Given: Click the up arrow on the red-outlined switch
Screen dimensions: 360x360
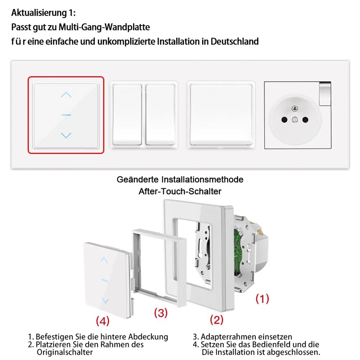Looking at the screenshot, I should pyautogui.click(x=66, y=95).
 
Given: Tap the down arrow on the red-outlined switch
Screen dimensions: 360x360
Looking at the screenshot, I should pyautogui.click(x=66, y=135).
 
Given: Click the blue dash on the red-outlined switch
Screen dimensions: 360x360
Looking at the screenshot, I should pyautogui.click(x=66, y=115).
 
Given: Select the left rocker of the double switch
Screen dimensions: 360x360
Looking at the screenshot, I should pyautogui.click(x=127, y=114).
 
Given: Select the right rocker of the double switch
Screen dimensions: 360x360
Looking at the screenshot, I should pyautogui.click(x=160, y=114).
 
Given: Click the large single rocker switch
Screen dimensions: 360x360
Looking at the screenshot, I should pyautogui.click(x=220, y=114).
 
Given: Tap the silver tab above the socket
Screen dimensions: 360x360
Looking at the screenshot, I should pyautogui.click(x=326, y=93).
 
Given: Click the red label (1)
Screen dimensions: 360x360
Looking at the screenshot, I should pyautogui.click(x=262, y=299).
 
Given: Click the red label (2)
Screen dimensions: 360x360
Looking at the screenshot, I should pyautogui.click(x=217, y=320).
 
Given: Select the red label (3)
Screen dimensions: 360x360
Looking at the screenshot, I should pyautogui.click(x=160, y=313).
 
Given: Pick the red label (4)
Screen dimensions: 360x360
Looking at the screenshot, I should pyautogui.click(x=102, y=321).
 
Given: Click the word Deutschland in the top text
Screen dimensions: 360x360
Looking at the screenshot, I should pyautogui.click(x=234, y=41).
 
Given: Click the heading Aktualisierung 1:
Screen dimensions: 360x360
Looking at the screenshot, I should pyautogui.click(x=43, y=13).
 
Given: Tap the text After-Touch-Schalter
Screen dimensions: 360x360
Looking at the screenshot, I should pyautogui.click(x=180, y=191).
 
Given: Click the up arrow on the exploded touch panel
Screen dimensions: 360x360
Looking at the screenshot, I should pyautogui.click(x=105, y=259).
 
